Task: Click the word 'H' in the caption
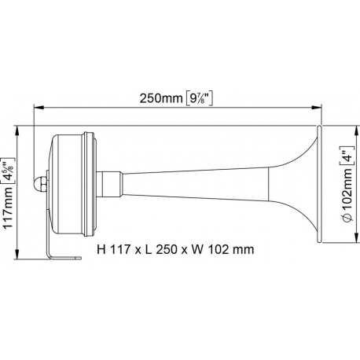pyautogui.click(x=101, y=252)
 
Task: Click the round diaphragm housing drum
pyautogui.click(x=75, y=182)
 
